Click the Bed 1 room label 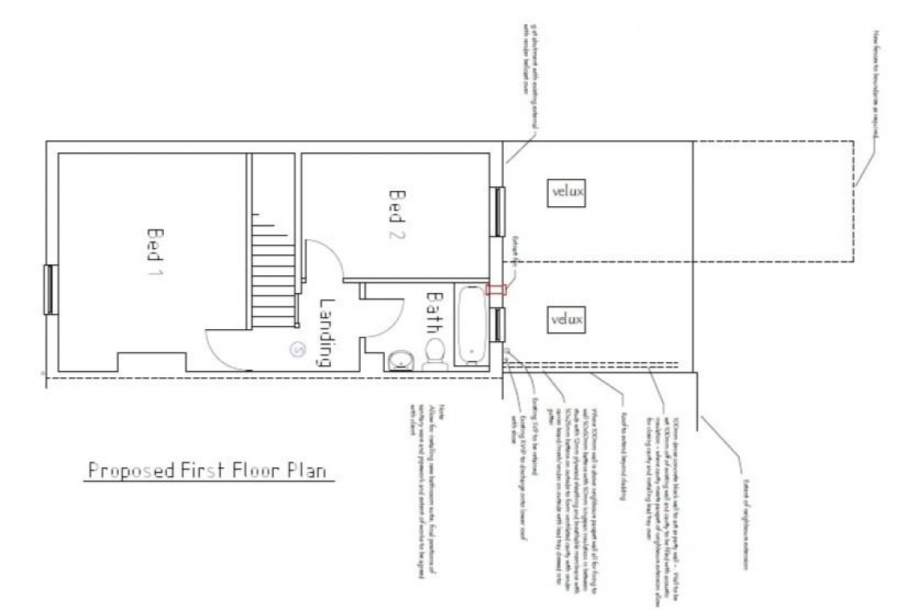tap(154, 252)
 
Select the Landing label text tap(325, 332)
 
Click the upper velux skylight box tap(567, 192)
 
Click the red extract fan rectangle tap(497, 290)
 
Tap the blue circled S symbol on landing tap(298, 349)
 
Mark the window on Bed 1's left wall tap(48, 289)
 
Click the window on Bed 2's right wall tap(498, 211)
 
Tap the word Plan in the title tap(308, 470)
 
